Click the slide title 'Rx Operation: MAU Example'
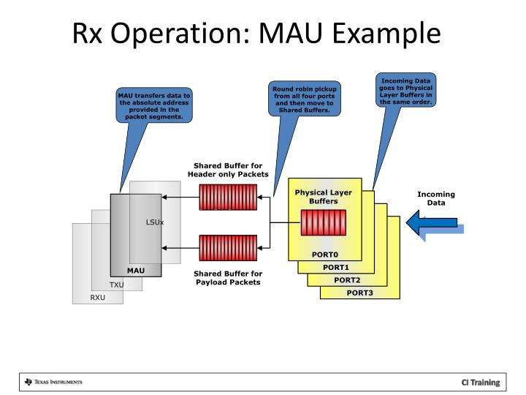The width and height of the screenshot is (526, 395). (x=256, y=34)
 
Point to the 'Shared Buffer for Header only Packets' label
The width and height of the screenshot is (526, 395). (x=228, y=169)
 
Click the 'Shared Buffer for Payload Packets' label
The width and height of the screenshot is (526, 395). (x=228, y=278)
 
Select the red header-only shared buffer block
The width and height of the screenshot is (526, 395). (x=228, y=197)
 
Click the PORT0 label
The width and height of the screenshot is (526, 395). (x=324, y=255)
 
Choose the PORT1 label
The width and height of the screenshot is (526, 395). (x=336, y=267)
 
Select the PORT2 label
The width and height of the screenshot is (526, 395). (x=347, y=279)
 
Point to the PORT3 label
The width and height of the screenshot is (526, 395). (x=359, y=293)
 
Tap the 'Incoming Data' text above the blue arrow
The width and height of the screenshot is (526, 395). (x=436, y=198)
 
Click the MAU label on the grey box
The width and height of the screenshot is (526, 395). (x=136, y=270)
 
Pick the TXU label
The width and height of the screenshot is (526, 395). (x=117, y=285)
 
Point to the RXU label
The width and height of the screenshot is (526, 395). (x=98, y=298)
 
